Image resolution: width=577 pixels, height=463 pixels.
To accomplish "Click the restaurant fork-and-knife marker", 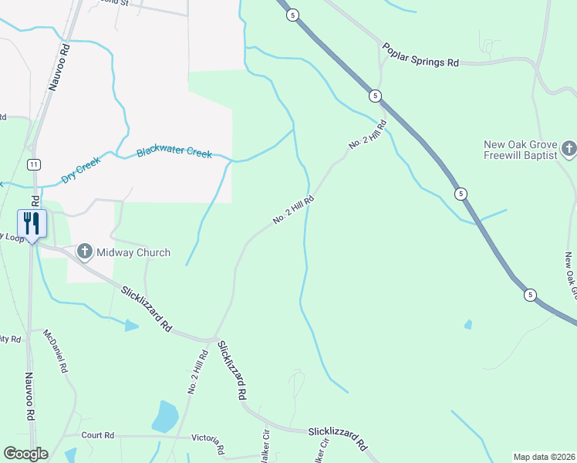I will (32, 225).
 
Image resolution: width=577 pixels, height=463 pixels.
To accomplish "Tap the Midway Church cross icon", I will (85, 252).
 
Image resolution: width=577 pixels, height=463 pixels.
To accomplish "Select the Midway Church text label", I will (132, 252).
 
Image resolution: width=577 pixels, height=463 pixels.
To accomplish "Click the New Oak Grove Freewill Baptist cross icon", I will (569, 148).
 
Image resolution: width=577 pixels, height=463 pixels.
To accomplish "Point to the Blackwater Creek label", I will (174, 152).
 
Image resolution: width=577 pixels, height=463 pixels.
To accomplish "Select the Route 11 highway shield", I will (33, 164).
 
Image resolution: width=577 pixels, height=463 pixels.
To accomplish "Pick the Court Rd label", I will (97, 435).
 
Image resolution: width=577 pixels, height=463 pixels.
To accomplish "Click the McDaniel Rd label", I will (56, 352).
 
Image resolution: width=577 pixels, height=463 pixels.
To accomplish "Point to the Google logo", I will (25, 454).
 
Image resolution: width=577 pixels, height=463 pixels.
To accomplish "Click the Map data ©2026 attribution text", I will (543, 457).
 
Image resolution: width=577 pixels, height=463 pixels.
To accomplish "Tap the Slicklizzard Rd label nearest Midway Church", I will (146, 309).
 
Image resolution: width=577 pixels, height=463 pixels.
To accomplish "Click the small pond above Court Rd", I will (165, 417).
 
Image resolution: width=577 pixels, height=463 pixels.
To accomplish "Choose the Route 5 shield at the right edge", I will (530, 295).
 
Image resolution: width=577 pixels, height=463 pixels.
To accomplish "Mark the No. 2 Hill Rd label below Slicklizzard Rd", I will (197, 373).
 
